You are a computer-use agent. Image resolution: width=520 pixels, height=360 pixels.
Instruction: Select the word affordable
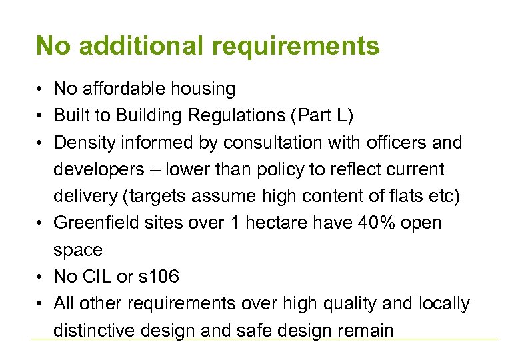122,89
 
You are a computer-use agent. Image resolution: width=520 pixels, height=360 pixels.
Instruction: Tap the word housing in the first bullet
202,89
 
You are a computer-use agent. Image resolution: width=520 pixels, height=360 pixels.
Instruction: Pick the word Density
83,143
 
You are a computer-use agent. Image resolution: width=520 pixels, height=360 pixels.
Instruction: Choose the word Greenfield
93,223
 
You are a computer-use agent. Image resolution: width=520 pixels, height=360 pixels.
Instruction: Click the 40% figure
360,223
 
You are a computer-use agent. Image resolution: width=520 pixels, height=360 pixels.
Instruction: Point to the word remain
367,330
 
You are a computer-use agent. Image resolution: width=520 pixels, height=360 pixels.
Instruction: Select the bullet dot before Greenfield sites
41,223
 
